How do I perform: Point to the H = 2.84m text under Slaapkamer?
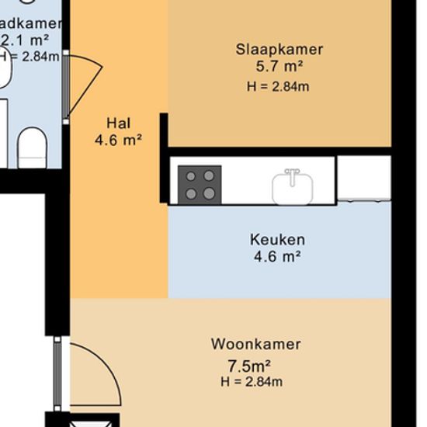coord(278,86)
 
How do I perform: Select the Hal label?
coord(118,123)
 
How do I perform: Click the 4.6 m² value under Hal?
coord(118,141)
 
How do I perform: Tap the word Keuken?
coord(277,239)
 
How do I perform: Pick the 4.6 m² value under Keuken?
coord(277,256)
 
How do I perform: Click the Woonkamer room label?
coord(255,344)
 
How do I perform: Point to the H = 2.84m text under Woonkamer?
coord(252,382)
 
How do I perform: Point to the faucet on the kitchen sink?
coord(293,172)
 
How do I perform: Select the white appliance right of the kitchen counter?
coord(364,179)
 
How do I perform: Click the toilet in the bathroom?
coord(32,148)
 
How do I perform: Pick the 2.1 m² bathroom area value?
coord(26,40)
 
